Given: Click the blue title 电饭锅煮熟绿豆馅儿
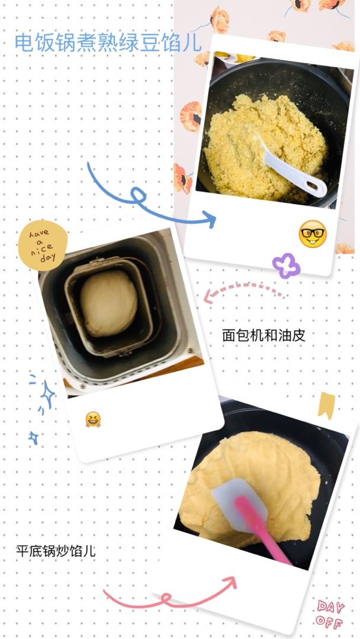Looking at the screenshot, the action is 108,43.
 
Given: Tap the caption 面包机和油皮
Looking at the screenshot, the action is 263,335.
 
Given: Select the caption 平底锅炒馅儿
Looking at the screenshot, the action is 56,551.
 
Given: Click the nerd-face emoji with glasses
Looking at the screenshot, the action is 313,234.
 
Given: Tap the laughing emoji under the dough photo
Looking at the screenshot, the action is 93,419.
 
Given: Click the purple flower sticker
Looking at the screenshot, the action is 286,266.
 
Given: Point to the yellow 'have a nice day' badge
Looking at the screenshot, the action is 43,246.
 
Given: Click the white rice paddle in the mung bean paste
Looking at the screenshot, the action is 291,167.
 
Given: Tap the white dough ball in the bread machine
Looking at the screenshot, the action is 108,303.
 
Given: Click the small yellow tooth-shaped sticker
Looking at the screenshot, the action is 327,405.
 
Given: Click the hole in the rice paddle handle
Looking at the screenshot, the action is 313,185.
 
